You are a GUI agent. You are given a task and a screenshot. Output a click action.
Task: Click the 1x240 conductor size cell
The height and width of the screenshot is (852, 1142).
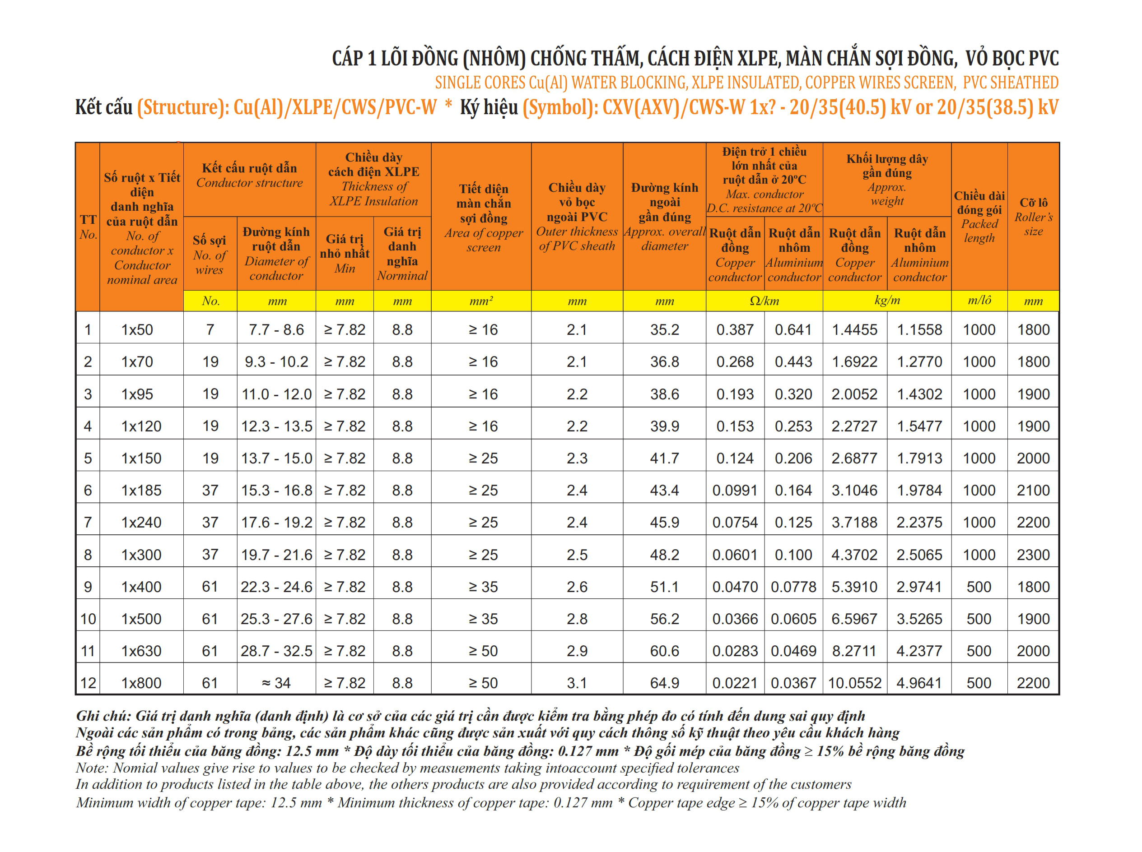[x=141, y=522]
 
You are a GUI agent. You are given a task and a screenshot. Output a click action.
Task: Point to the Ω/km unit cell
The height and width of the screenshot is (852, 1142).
[x=764, y=301]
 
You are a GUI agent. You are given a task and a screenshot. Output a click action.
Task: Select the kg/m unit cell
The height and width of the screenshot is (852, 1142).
[x=886, y=301]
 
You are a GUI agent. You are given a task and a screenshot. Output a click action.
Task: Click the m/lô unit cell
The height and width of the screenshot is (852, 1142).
[x=979, y=301]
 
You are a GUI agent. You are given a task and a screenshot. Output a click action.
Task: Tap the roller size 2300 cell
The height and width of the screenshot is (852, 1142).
[x=1033, y=555]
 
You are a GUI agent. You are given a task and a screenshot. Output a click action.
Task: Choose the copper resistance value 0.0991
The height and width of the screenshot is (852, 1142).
[x=735, y=490]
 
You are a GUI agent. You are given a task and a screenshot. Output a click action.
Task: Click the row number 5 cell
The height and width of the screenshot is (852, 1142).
[x=88, y=458]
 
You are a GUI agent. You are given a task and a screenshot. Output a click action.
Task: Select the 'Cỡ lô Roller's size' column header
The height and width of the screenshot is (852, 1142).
[x=1033, y=217]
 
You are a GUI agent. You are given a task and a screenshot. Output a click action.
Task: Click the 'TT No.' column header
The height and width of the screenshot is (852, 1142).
[x=88, y=227]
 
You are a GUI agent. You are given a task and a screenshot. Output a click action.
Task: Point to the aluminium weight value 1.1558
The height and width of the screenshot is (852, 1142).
[x=919, y=329]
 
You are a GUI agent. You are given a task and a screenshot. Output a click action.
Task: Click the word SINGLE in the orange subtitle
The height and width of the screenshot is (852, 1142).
[x=454, y=83]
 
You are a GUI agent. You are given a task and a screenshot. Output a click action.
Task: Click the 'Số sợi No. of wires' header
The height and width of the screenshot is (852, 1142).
[x=210, y=254]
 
